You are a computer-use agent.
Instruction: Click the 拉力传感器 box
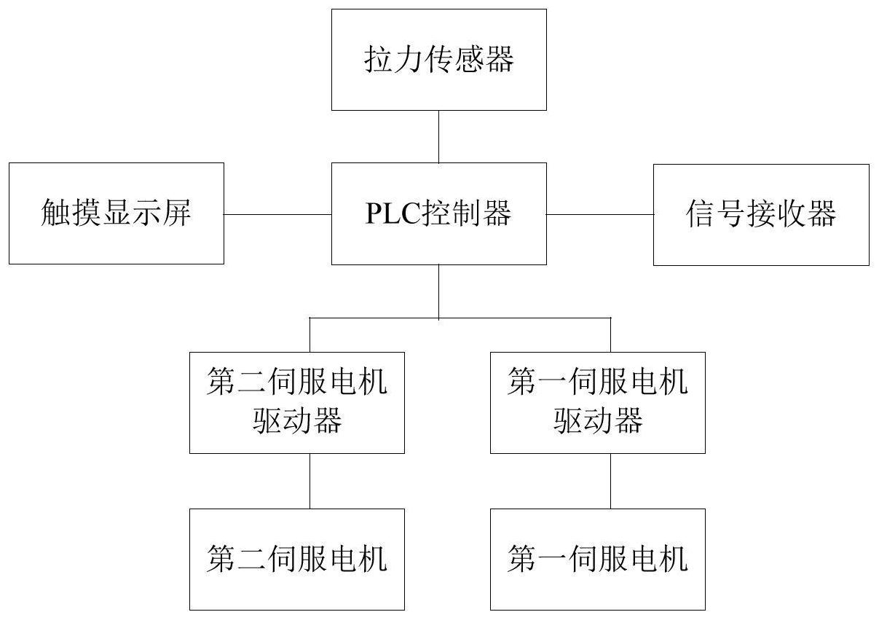click(x=438, y=60)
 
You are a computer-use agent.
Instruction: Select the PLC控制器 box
click(x=438, y=213)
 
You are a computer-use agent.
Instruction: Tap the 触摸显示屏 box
click(x=116, y=213)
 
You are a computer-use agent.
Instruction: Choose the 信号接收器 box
click(x=760, y=214)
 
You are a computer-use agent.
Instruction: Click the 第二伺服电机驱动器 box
click(x=297, y=402)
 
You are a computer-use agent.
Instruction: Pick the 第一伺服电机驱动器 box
click(x=597, y=402)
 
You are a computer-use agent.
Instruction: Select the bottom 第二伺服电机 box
click(x=297, y=559)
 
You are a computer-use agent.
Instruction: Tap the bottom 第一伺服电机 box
click(x=597, y=559)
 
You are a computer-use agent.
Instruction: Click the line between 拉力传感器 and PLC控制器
click(x=438, y=136)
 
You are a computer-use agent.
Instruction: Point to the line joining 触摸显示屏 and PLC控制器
click(x=277, y=214)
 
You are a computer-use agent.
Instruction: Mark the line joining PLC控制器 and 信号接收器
click(x=599, y=214)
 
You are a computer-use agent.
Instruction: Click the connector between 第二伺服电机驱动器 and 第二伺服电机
click(x=310, y=481)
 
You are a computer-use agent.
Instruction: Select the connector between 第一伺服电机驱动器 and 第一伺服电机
click(x=610, y=481)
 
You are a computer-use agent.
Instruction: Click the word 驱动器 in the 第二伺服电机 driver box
click(x=297, y=421)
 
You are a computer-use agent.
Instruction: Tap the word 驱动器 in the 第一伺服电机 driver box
click(x=597, y=421)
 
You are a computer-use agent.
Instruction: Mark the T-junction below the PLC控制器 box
click(x=438, y=318)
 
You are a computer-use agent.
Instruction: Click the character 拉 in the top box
click(x=377, y=60)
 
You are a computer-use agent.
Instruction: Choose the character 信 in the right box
click(x=700, y=214)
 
